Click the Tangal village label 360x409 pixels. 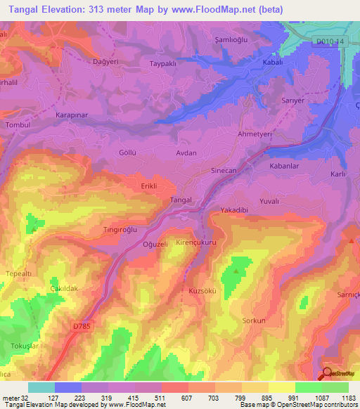(x=181, y=200)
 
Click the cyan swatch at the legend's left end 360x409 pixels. (x=41, y=387)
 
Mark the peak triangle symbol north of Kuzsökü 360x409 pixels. (x=236, y=269)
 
